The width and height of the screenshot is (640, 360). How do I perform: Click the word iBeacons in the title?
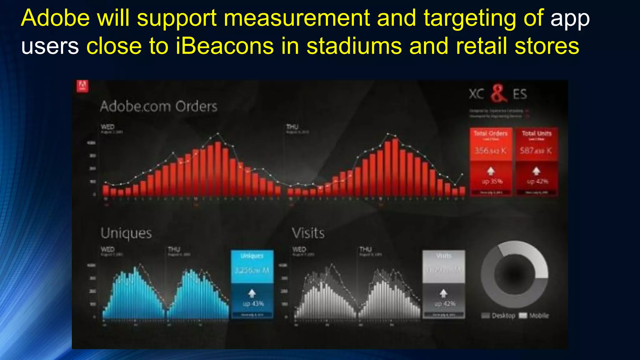(x=224, y=46)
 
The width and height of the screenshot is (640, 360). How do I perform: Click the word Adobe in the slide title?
(x=55, y=18)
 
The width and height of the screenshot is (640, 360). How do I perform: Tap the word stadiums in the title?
(x=354, y=46)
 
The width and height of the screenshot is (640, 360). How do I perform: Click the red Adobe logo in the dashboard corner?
(x=82, y=86)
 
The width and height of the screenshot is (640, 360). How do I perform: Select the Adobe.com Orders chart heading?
(x=158, y=107)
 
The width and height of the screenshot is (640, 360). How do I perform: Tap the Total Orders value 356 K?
(x=490, y=151)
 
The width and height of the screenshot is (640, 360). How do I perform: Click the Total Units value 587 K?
(x=536, y=151)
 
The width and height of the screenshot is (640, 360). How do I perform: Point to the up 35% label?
(x=492, y=182)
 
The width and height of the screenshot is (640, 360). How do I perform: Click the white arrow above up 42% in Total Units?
(x=536, y=171)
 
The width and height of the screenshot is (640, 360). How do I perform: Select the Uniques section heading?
(x=126, y=233)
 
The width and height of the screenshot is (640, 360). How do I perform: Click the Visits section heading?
(x=308, y=233)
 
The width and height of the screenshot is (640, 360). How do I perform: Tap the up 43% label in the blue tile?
(x=253, y=304)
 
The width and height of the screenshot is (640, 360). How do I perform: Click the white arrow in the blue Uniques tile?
(x=252, y=293)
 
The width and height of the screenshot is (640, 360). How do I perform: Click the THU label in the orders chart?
(x=292, y=127)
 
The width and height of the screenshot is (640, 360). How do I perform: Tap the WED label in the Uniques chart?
(x=107, y=249)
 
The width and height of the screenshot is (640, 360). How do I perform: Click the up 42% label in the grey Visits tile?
(x=445, y=304)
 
